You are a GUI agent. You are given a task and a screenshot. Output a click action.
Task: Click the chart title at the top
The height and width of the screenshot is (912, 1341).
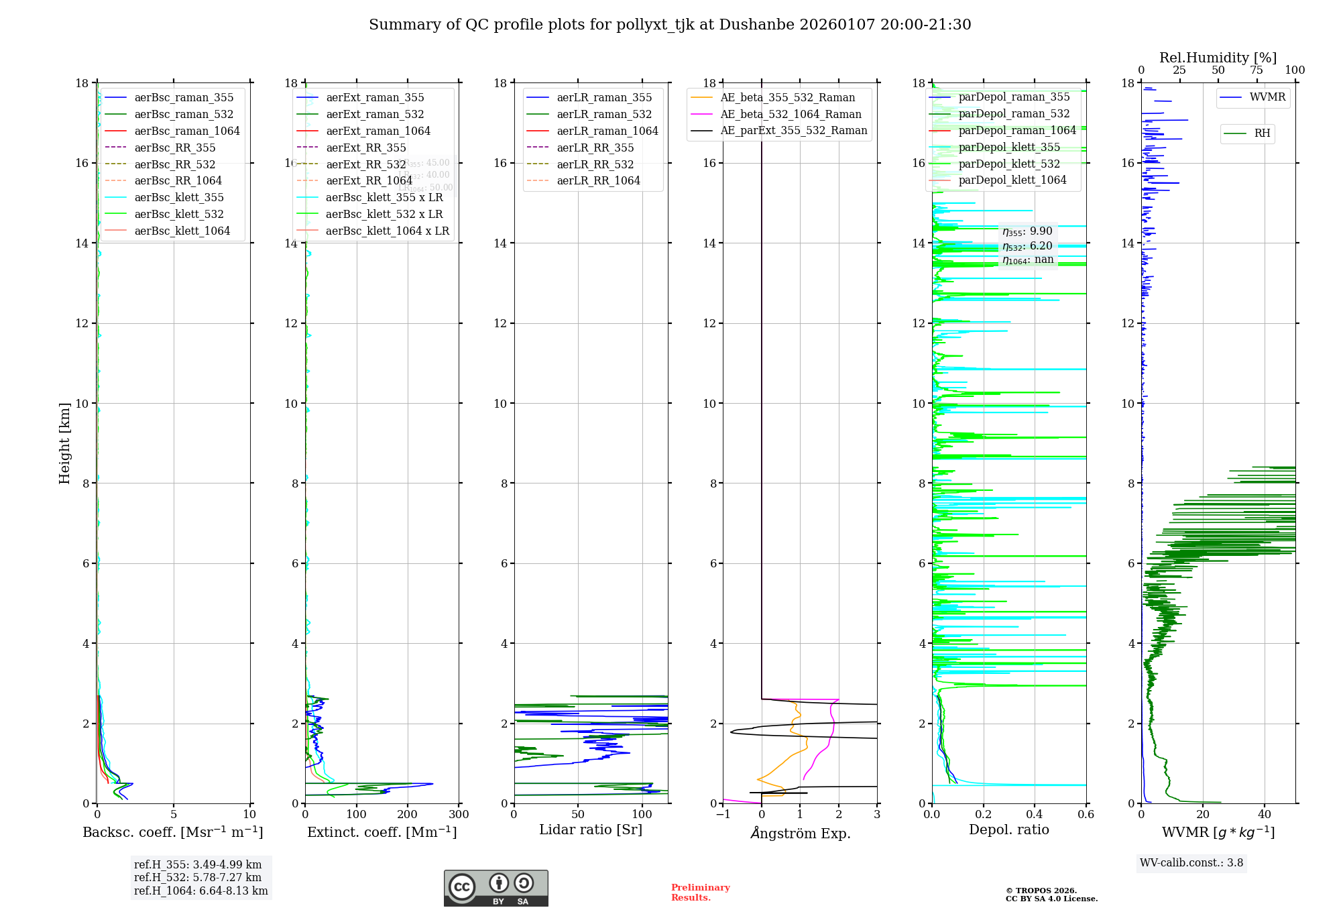pyautogui.click(x=670, y=25)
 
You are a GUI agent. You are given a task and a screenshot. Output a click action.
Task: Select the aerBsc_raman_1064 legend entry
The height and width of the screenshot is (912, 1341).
pyautogui.click(x=186, y=131)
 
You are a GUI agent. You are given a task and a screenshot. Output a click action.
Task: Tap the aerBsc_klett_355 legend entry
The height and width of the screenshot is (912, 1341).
pyautogui.click(x=178, y=197)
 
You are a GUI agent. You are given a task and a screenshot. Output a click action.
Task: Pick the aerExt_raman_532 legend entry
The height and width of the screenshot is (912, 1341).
pyautogui.click(x=375, y=114)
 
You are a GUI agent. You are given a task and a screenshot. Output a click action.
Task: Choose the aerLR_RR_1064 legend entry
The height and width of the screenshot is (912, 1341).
pyautogui.click(x=598, y=180)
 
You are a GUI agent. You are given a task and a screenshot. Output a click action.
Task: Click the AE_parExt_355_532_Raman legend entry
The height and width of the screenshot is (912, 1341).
pyautogui.click(x=793, y=130)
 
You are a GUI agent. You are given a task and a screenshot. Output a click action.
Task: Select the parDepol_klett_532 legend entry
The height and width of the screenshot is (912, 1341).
pyautogui.click(x=1009, y=164)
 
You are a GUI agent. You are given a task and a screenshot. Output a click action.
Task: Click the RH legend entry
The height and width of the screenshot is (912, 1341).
pyautogui.click(x=1262, y=133)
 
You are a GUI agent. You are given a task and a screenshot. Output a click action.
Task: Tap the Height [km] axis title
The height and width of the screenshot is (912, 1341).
pyautogui.click(x=64, y=443)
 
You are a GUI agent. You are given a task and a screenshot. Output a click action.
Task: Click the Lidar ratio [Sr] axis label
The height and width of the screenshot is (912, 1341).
pyautogui.click(x=591, y=830)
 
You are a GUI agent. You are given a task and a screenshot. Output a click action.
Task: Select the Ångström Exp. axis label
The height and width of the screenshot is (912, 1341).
pyautogui.click(x=800, y=833)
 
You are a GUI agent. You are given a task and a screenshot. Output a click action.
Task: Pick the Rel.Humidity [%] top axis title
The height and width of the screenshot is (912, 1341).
pyautogui.click(x=1218, y=58)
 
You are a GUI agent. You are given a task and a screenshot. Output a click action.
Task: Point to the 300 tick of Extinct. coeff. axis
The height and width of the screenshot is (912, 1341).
pyautogui.click(x=459, y=815)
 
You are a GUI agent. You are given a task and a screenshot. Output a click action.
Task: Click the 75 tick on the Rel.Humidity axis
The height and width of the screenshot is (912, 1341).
pyautogui.click(x=1257, y=70)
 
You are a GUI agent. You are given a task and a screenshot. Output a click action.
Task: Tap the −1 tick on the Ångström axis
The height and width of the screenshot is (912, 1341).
pyautogui.click(x=723, y=815)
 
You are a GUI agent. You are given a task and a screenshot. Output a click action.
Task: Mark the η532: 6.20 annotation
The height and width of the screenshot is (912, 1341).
pyautogui.click(x=1027, y=246)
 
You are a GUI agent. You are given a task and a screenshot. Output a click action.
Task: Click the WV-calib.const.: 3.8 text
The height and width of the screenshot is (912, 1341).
pyautogui.click(x=1191, y=863)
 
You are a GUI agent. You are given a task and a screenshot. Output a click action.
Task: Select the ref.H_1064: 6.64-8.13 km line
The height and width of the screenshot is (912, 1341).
pyautogui.click(x=200, y=891)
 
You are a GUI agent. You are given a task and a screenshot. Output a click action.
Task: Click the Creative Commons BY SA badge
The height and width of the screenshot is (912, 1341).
pyautogui.click(x=495, y=888)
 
